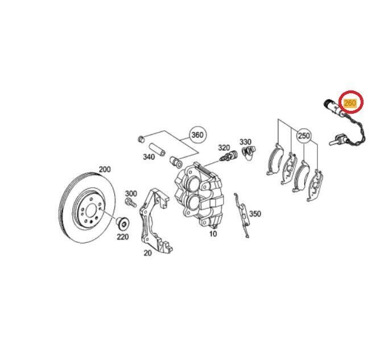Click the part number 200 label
tap(105, 169)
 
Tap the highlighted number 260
tap(350, 103)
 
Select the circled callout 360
tap(197, 135)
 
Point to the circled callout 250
tap(304, 135)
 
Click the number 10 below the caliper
tap(213, 234)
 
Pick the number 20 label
tap(147, 253)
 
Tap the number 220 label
tap(123, 237)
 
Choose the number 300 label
tap(131, 193)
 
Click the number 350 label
tap(255, 214)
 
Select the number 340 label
tap(148, 157)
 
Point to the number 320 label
tap(224, 147)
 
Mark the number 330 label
tap(245, 142)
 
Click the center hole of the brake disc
tap(91, 210)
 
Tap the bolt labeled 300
tap(130, 202)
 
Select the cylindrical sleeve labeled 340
tap(156, 150)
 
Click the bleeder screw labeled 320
tap(229, 156)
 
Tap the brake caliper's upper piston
tap(193, 185)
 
